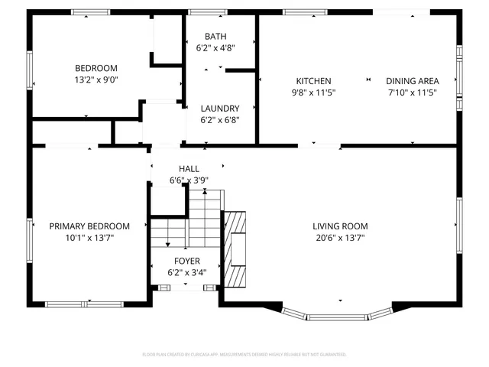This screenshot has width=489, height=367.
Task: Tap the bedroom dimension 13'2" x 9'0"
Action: click(x=96, y=79)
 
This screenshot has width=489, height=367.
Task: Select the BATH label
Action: click(x=215, y=36)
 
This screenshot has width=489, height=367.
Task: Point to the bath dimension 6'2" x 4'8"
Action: click(x=215, y=47)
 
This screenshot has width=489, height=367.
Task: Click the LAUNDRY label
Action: click(x=220, y=109)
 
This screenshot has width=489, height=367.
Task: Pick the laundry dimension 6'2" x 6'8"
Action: click(x=220, y=119)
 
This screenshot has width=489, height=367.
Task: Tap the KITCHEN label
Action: click(x=313, y=81)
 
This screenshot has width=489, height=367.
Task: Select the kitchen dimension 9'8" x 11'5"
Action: click(x=313, y=93)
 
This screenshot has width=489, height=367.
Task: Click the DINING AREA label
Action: click(x=412, y=81)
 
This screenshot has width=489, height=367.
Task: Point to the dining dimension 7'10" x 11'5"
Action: click(x=412, y=93)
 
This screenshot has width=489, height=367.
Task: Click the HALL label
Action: click(x=189, y=169)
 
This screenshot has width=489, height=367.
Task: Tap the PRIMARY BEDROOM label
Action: click(x=89, y=226)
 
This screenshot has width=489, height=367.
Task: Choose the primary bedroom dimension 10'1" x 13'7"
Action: click(x=89, y=238)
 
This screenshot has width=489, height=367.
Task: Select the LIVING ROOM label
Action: click(x=340, y=226)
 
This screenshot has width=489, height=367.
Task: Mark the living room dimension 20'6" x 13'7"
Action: click(x=340, y=238)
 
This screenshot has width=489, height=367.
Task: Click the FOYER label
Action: click(x=187, y=261)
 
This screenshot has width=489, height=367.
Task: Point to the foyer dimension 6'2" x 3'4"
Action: click(x=187, y=272)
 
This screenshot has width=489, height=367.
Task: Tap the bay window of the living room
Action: click(x=337, y=315)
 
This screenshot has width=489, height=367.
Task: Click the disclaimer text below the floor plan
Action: click(x=244, y=355)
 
